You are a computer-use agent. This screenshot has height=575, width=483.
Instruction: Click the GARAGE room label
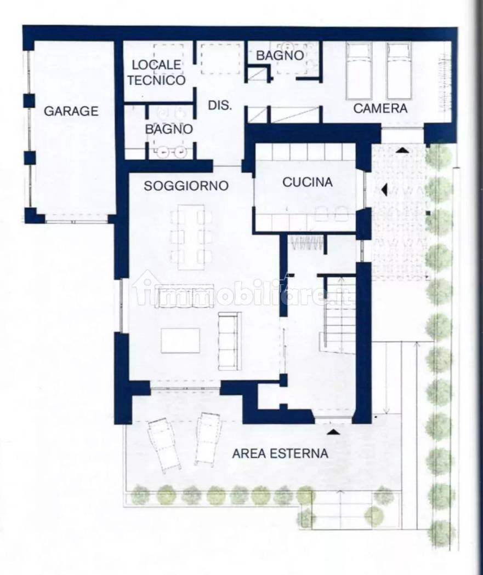click(x=71, y=111)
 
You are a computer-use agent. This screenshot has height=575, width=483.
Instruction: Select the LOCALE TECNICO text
click(x=155, y=73)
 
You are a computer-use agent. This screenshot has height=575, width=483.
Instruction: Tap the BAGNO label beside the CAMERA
click(x=280, y=55)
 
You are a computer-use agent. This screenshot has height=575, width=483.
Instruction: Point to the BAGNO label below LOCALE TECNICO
click(x=168, y=130)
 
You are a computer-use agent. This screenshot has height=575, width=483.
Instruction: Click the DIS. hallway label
click(x=220, y=106)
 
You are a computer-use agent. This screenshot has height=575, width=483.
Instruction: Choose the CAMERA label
click(x=380, y=108)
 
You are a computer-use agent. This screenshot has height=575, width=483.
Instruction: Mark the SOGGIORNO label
click(x=186, y=186)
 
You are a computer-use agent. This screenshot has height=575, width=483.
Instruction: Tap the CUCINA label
click(x=307, y=182)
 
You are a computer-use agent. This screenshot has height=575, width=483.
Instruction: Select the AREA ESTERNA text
click(x=280, y=453)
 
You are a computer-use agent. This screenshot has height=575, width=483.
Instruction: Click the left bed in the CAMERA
click(x=359, y=71)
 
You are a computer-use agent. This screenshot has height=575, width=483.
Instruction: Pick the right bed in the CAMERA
click(x=399, y=71)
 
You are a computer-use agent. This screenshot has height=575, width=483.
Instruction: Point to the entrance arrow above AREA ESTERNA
click(x=332, y=432)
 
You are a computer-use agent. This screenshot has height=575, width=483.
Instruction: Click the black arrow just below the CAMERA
click(x=402, y=150)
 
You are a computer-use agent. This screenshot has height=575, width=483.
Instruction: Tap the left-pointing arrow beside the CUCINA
click(x=384, y=190)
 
